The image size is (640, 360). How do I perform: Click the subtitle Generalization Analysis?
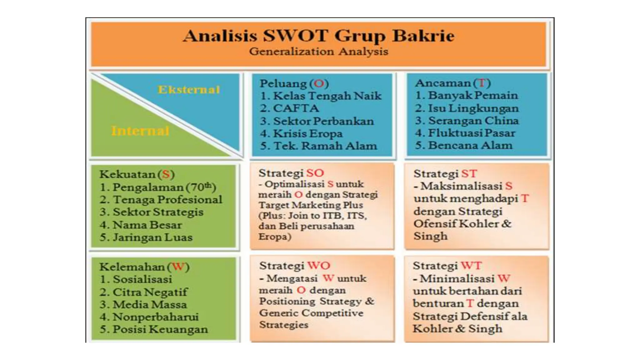pos(318,52)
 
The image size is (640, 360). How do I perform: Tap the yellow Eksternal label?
pos(189,90)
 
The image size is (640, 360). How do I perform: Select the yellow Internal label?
pos(140,131)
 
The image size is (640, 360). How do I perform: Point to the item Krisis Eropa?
pos(308,133)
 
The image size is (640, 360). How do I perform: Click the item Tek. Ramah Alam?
pos(325,146)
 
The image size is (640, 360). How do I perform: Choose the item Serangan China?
pos(473,121)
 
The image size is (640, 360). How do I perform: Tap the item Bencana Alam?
pos(470,145)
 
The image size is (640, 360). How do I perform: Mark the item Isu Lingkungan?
pos(473,108)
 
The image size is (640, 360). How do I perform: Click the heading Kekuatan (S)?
pos(137,174)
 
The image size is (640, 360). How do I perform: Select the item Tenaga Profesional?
pos(167,199)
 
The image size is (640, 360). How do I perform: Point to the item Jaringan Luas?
pos(152,237)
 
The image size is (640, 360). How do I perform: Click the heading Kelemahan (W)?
pos(144,267)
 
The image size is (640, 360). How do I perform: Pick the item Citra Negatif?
pos(150,292)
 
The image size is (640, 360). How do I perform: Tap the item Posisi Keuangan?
pos(160,329)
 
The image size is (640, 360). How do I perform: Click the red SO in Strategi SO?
pos(315,173)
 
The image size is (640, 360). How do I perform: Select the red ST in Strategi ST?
pos(469,173)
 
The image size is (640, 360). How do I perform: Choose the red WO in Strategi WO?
pos(319,266)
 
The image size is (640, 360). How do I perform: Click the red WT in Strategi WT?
pos(471,266)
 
